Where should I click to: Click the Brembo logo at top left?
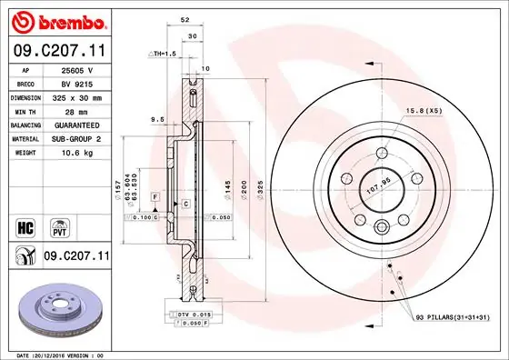(57, 20)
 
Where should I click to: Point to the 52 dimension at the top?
(185, 18)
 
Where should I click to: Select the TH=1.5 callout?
(163, 55)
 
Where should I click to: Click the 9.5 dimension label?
(156, 118)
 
